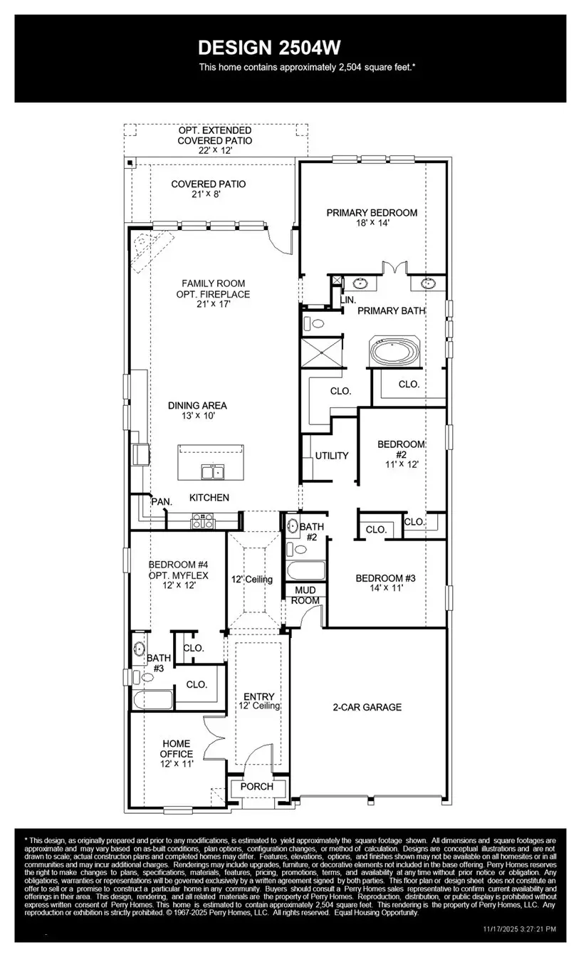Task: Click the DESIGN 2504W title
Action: [x=269, y=48]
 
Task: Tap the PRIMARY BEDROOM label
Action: [x=372, y=212]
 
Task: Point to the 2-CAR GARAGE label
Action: [x=367, y=707]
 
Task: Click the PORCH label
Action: [x=257, y=787]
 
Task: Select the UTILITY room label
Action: [x=332, y=456]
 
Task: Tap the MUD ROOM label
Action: [x=305, y=595]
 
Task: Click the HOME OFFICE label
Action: [x=176, y=748]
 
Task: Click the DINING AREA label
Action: [x=197, y=405]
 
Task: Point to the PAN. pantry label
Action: [x=162, y=501]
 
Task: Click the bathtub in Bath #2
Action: [x=305, y=571]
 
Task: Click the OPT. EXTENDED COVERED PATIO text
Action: [x=214, y=135]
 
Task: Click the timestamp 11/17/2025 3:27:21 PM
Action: [x=520, y=929]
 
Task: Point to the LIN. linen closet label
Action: [x=348, y=300]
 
